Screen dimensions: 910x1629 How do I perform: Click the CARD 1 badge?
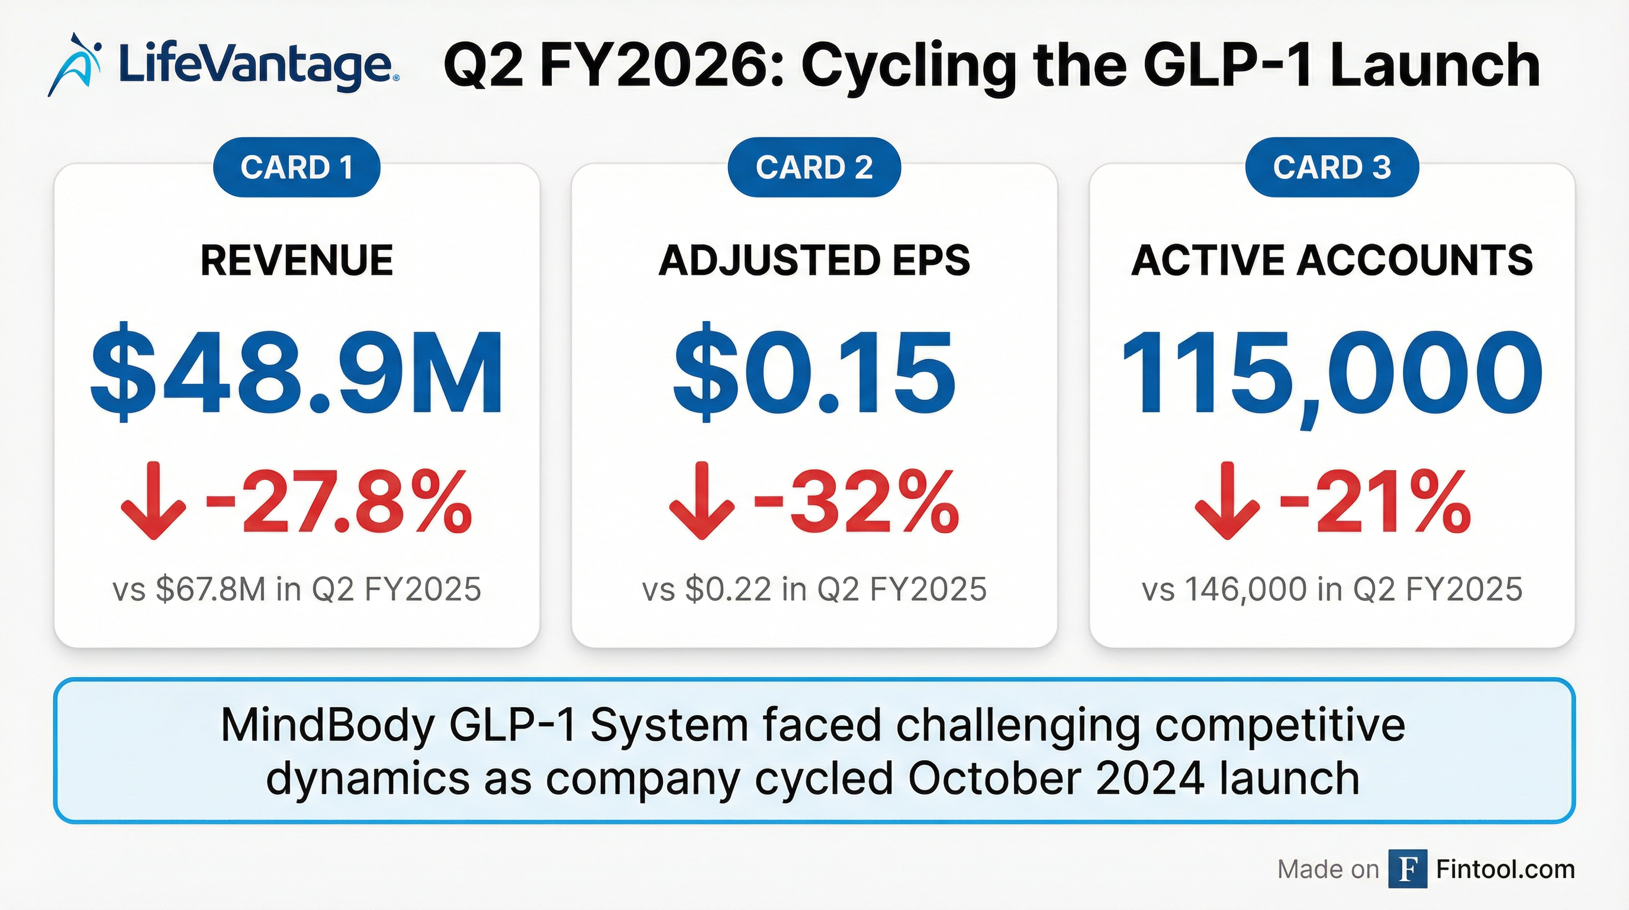tap(297, 168)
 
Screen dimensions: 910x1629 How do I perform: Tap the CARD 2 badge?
tap(814, 168)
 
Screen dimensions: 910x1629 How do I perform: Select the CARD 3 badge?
tap(1332, 168)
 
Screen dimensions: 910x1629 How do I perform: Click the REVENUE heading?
tap(297, 261)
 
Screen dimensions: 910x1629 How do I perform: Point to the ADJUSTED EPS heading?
tap(814, 261)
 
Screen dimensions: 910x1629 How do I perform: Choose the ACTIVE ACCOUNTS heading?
tap(1332, 261)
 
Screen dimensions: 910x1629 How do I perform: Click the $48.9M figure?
tap(297, 373)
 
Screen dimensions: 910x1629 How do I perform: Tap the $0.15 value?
tap(814, 373)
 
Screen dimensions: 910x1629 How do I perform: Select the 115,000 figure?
tap(1332, 373)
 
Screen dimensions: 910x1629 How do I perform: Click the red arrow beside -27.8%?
tap(154, 502)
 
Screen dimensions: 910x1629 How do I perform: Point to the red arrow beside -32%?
tap(702, 502)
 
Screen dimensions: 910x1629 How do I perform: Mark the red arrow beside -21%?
tap(1228, 502)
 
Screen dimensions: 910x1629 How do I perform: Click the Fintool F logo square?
tap(1408, 869)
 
